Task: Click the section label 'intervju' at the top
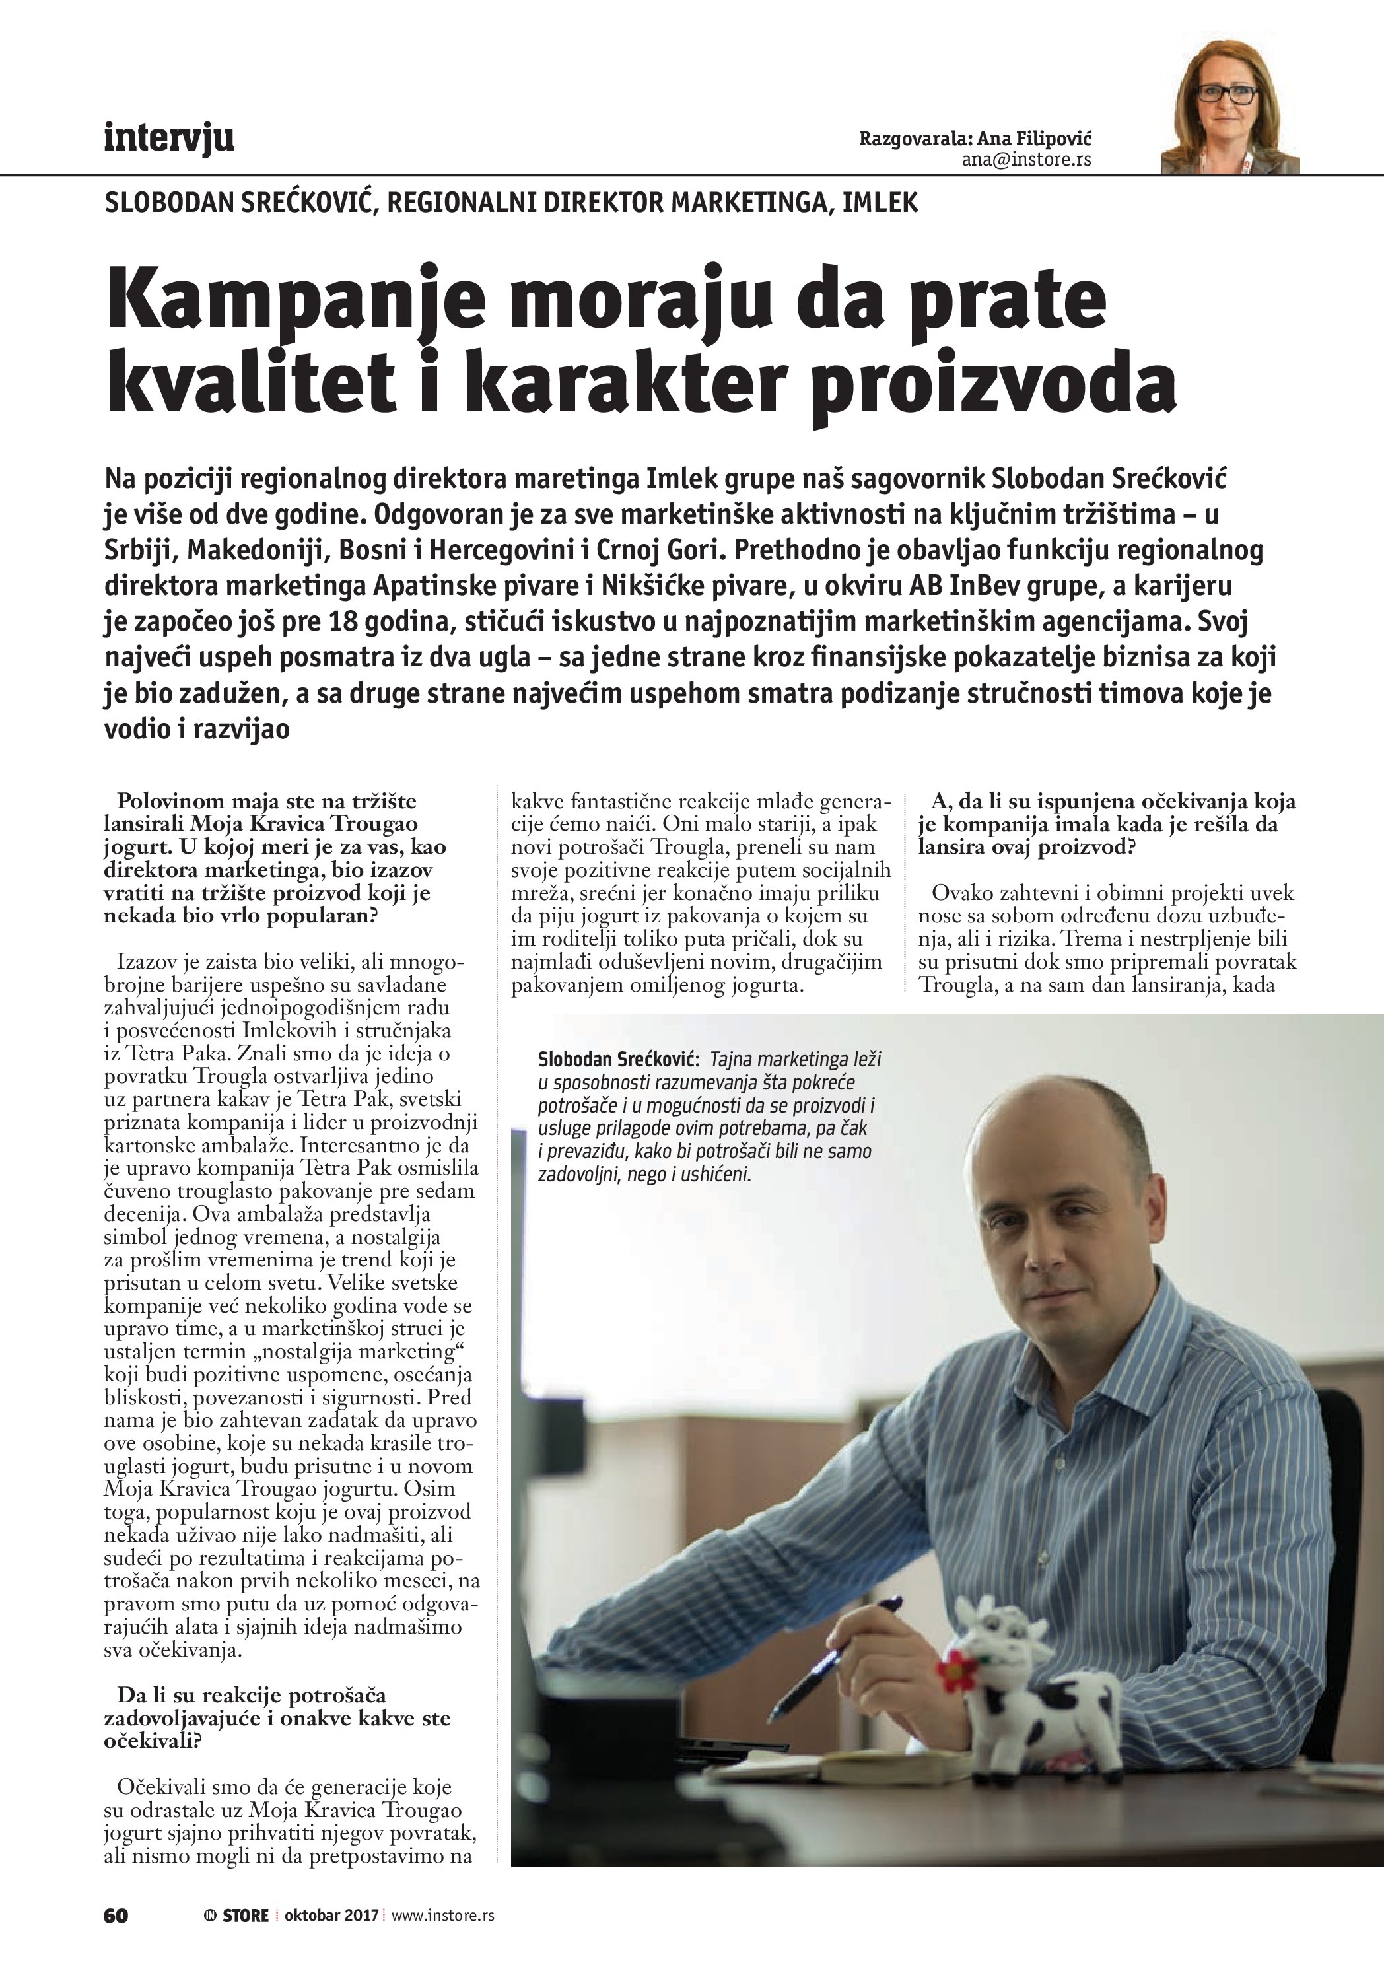[x=169, y=137]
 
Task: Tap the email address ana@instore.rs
[x=1026, y=160]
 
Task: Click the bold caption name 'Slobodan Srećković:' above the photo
[x=618, y=1060]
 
